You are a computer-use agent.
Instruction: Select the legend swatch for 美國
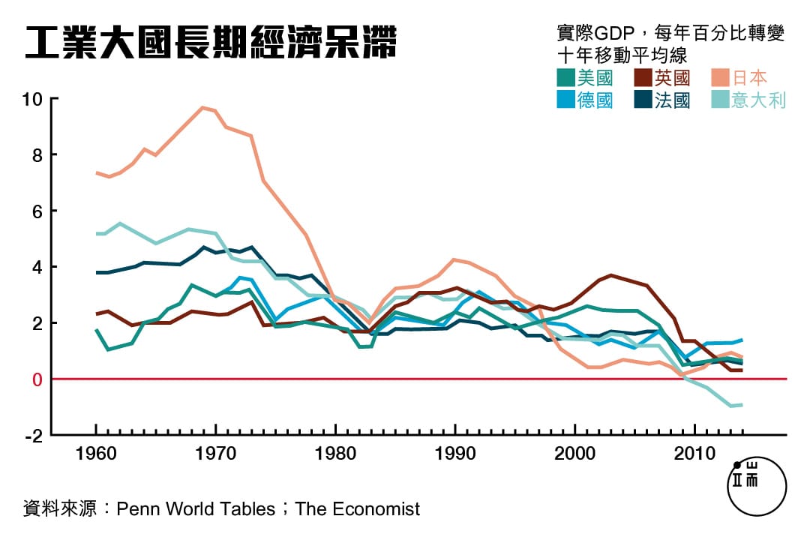coord(566,78)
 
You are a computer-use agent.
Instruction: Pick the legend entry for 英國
coord(661,78)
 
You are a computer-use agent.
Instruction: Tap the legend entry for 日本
coord(739,78)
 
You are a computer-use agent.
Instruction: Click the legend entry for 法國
coord(661,100)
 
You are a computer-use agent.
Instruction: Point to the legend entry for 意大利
coord(748,100)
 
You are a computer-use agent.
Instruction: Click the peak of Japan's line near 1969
coord(202,107)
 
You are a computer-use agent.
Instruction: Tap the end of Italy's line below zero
coord(741,405)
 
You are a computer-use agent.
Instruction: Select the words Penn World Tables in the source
coord(196,509)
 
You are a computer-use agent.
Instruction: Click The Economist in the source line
coord(358,509)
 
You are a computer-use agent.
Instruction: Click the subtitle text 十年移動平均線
coord(622,55)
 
